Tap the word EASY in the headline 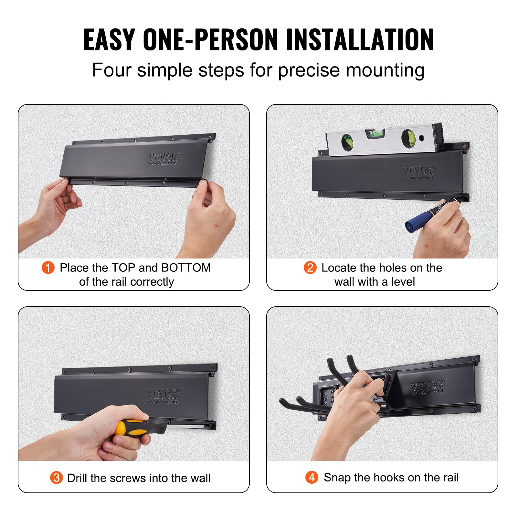click(x=109, y=39)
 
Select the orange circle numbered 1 click(x=48, y=268)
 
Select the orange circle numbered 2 click(x=310, y=268)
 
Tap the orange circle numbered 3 click(x=56, y=478)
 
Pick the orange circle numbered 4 click(x=311, y=477)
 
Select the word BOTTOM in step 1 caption click(x=186, y=268)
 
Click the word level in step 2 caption click(x=403, y=282)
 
